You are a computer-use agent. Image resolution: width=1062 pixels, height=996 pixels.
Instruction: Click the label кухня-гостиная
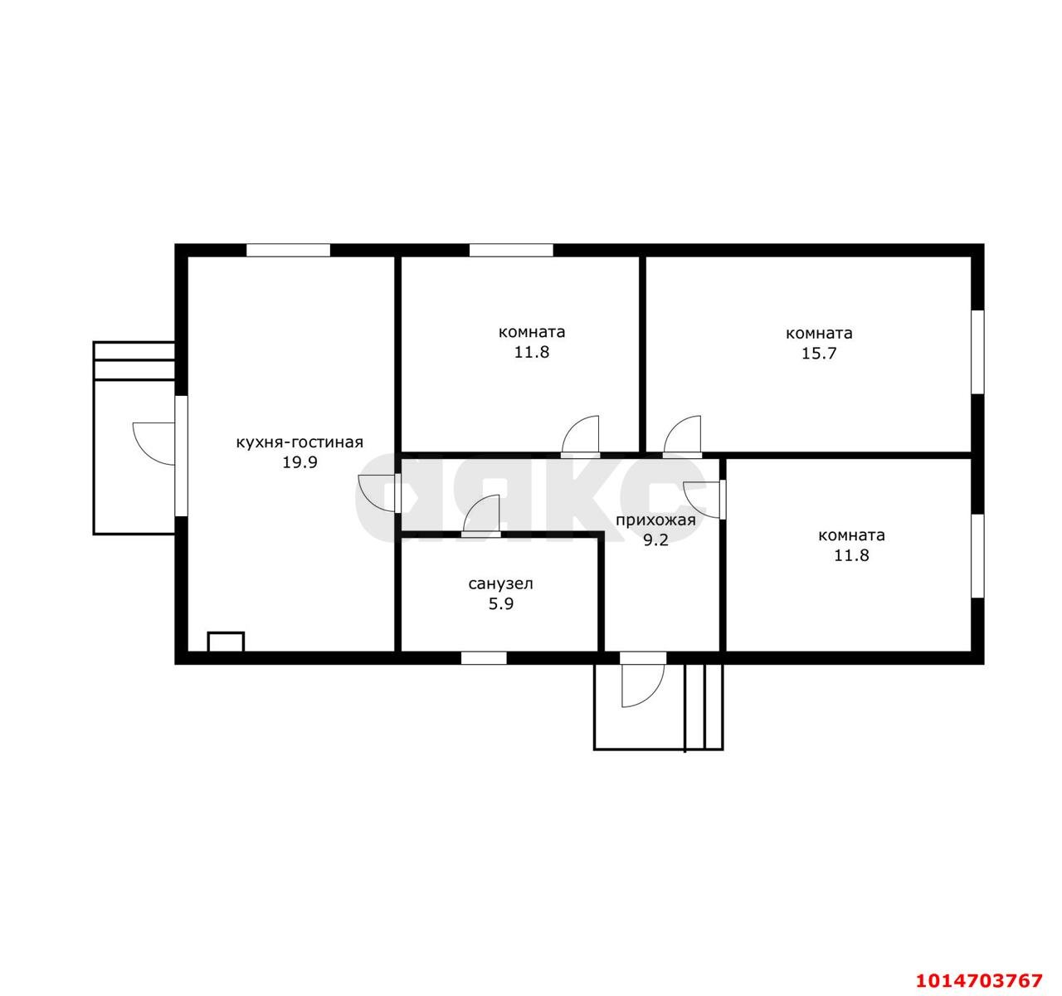click(x=300, y=443)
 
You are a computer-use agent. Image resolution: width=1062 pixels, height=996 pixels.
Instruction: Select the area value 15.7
click(x=818, y=354)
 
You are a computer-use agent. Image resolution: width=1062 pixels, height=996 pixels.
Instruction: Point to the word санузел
click(x=500, y=583)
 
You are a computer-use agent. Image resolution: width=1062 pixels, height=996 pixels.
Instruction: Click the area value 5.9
click(x=501, y=604)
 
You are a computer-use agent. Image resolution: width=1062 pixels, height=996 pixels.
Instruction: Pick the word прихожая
click(x=655, y=520)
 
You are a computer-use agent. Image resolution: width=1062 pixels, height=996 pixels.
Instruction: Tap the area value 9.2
click(x=655, y=540)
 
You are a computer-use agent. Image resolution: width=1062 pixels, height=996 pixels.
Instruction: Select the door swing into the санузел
click(x=481, y=515)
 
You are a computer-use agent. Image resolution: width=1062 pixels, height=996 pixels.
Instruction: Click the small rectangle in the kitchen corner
click(x=226, y=642)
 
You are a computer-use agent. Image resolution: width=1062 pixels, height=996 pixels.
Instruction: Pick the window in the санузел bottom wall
click(x=484, y=657)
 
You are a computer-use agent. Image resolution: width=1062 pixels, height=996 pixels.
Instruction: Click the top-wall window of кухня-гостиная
click(x=288, y=251)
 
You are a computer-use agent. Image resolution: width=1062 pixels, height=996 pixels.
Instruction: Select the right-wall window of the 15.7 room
click(x=977, y=352)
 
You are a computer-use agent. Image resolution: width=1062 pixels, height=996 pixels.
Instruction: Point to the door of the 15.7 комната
click(x=682, y=437)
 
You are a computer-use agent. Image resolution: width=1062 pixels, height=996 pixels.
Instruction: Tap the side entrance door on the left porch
click(x=155, y=444)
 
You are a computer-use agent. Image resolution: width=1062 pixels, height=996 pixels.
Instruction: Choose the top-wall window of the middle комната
click(x=511, y=251)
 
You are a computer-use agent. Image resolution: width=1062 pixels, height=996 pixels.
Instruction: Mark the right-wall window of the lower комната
click(x=977, y=556)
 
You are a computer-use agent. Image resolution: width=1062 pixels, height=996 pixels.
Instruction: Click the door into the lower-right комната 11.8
click(x=704, y=500)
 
